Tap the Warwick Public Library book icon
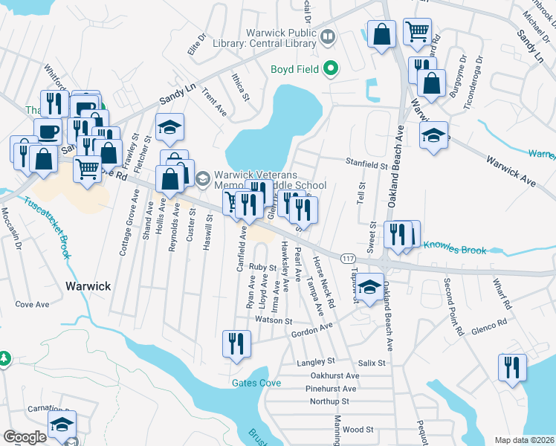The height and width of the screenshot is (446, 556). pyautogui.click(x=328, y=36)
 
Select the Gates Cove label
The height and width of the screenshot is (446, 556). pyautogui.click(x=256, y=382)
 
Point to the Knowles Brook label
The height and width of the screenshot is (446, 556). pyautogui.click(x=455, y=251)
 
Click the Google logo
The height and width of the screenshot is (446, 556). pyautogui.click(x=25, y=437)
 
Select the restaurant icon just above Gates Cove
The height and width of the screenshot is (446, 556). pyautogui.click(x=237, y=343)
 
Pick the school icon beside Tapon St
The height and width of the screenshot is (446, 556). pyautogui.click(x=369, y=287)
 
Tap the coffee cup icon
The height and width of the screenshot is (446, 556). pyautogui.click(x=48, y=132)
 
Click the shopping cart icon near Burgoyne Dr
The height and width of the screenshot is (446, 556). pyautogui.click(x=418, y=31)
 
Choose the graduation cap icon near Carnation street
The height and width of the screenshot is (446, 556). pyautogui.click(x=62, y=424)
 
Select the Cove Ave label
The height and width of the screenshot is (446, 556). pyautogui.click(x=32, y=304)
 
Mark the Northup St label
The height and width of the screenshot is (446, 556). pyautogui.click(x=329, y=401)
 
